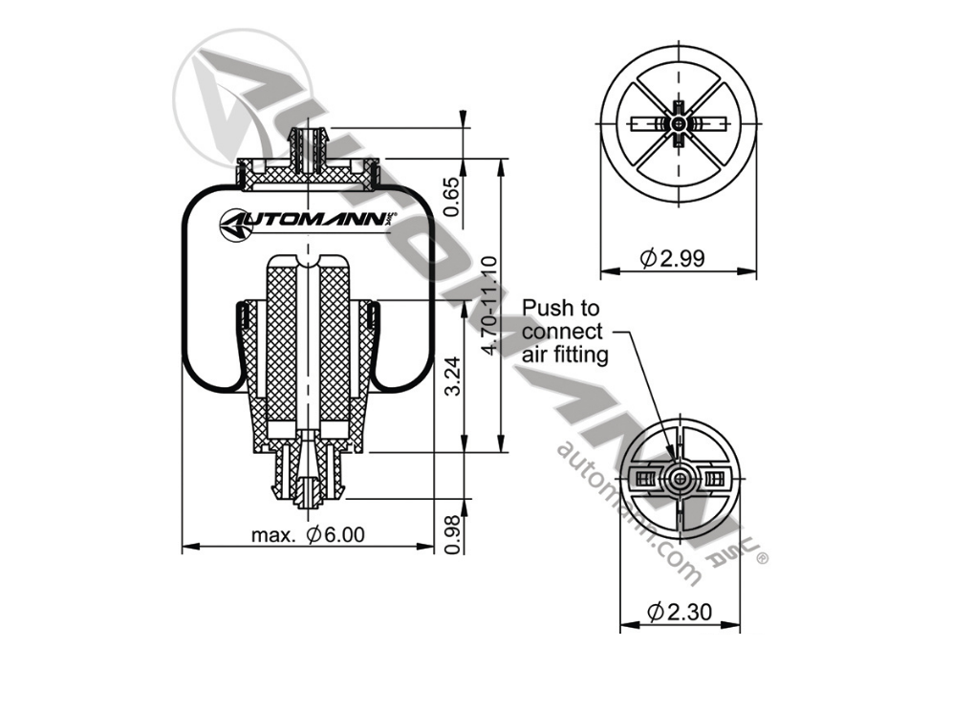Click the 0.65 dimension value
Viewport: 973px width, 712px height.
coord(453,197)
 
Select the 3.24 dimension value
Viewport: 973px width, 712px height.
coord(453,376)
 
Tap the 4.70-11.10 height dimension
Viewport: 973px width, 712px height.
coord(490,305)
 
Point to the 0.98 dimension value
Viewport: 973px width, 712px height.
coord(453,534)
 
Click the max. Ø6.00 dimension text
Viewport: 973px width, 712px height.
coord(308,534)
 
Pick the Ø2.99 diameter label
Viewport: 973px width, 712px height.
coord(673,258)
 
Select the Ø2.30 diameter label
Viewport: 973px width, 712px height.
coord(680,613)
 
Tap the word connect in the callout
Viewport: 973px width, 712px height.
coord(562,332)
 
